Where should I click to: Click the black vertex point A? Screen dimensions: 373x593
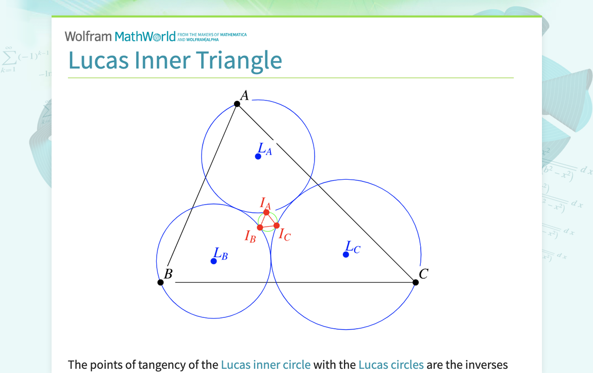click(x=237, y=104)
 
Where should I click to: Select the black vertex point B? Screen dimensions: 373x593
click(x=160, y=282)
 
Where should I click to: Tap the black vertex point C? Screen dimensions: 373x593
click(x=416, y=282)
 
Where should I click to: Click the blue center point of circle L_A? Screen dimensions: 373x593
click(x=258, y=156)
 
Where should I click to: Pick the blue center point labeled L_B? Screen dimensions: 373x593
click(x=214, y=261)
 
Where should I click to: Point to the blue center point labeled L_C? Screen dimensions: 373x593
click(x=346, y=255)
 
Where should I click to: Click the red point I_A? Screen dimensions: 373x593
click(x=267, y=212)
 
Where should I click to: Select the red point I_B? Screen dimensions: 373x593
click(x=260, y=227)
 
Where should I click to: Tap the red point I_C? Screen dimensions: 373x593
click(x=276, y=226)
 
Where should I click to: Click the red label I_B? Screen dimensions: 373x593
click(x=250, y=236)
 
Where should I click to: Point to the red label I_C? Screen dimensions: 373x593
click(x=284, y=234)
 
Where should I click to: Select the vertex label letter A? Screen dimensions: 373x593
click(x=244, y=95)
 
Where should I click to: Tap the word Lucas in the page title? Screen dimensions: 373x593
click(x=98, y=60)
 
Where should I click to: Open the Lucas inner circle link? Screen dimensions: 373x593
click(x=266, y=365)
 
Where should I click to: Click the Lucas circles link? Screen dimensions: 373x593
click(x=391, y=365)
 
